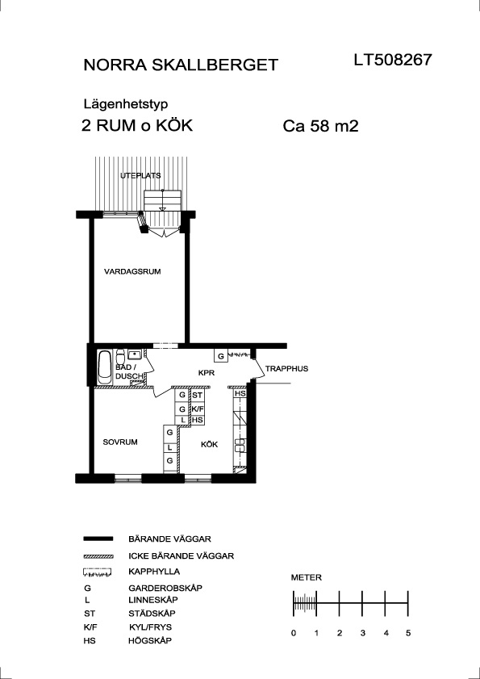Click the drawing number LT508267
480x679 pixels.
[393, 60]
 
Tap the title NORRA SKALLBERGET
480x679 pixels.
[181, 65]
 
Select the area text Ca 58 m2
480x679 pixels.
[321, 127]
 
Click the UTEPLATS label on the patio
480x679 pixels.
[140, 175]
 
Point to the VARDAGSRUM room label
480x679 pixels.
[132, 272]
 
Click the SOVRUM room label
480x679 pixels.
[120, 442]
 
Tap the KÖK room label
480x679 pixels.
[209, 444]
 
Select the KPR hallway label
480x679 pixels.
[207, 372]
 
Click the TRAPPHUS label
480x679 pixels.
[286, 369]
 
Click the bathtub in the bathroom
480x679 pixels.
[104, 367]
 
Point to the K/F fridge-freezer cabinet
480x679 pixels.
[198, 409]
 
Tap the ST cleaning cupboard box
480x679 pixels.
[198, 395]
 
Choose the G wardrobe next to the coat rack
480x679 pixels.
[221, 356]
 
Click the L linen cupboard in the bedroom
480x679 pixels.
[169, 447]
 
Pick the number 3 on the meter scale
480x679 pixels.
[362, 633]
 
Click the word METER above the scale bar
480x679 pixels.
[307, 577]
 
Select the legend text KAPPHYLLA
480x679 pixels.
[154, 572]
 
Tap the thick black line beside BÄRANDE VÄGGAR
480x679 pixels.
[98, 539]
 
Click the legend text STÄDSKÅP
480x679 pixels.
[152, 613]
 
